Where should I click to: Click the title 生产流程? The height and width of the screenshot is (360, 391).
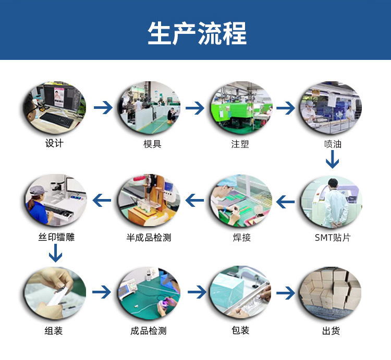[x=197, y=33]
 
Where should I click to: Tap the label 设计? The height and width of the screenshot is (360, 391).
[x=54, y=143]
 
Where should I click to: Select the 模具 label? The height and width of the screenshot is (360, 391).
[x=152, y=144]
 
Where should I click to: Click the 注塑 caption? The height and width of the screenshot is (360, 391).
[x=240, y=144]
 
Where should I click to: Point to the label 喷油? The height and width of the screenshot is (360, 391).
[x=333, y=144]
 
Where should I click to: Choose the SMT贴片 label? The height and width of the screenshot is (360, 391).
[x=333, y=238]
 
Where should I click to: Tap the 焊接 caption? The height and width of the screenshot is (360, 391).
[x=241, y=238]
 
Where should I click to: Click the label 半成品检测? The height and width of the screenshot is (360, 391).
[x=149, y=238]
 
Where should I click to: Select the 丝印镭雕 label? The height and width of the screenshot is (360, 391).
[x=56, y=237]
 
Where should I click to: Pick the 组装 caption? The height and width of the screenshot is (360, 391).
[x=54, y=331]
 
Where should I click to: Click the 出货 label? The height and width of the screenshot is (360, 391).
[x=331, y=331]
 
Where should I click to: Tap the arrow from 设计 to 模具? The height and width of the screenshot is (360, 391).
[x=103, y=108]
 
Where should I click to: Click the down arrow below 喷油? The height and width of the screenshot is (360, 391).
[x=333, y=159]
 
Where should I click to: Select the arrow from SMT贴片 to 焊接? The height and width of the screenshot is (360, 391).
[x=285, y=202]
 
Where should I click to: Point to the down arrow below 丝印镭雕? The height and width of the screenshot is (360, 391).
[x=55, y=253]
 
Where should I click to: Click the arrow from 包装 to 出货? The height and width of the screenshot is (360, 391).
[x=286, y=293]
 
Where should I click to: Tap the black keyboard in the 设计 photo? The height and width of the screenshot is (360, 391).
[x=57, y=120]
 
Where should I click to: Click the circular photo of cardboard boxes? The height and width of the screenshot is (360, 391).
[x=331, y=293]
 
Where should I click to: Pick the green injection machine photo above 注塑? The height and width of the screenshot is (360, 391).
[x=241, y=108]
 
